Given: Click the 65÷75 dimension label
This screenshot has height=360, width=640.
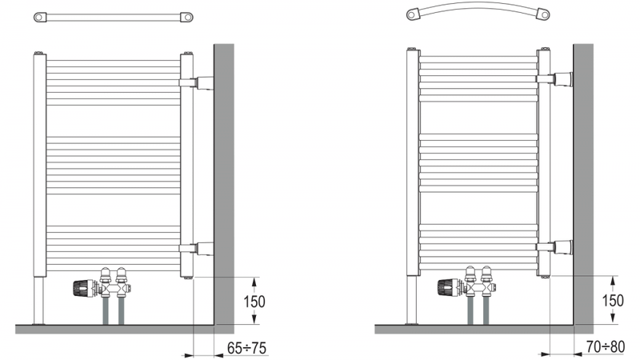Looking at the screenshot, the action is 246,348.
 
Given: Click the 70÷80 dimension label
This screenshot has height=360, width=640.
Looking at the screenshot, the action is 606,347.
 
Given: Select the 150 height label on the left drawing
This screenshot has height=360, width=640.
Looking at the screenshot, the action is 254,302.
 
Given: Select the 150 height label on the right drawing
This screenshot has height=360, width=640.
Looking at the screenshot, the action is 613,301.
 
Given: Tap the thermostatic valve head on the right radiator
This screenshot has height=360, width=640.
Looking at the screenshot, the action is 449,287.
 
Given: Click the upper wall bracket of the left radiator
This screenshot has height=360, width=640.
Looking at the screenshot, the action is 196,83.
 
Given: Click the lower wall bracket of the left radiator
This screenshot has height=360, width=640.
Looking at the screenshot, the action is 196,249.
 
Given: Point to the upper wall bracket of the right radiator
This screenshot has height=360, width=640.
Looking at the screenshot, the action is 554,79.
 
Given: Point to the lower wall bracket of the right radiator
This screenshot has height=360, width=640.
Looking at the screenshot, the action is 554,247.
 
